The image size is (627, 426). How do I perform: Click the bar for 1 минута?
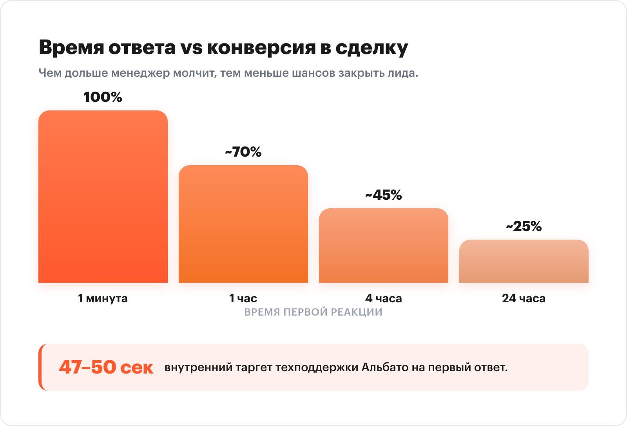coord(103,197)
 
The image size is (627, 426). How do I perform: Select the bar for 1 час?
coord(243,224)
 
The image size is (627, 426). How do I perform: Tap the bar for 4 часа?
coord(383,245)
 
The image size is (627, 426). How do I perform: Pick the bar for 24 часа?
coord(524,261)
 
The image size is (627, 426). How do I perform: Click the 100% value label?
coord(103,97)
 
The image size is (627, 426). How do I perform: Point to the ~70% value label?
coord(243,152)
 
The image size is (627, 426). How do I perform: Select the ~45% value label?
coord(383,195)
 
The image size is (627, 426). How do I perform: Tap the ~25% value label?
coord(524,226)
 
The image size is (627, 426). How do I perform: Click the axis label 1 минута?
coord(103,298)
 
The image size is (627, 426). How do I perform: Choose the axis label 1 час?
coord(243,298)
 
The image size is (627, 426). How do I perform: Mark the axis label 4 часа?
coord(383,298)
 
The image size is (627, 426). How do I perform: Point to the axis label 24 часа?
coord(524,298)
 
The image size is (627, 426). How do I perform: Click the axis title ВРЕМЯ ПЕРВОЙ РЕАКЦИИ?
coord(313,312)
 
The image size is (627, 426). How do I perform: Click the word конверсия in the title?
coord(261,48)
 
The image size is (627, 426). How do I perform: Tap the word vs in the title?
coord(191,48)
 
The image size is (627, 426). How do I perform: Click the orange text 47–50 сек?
coord(106,367)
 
